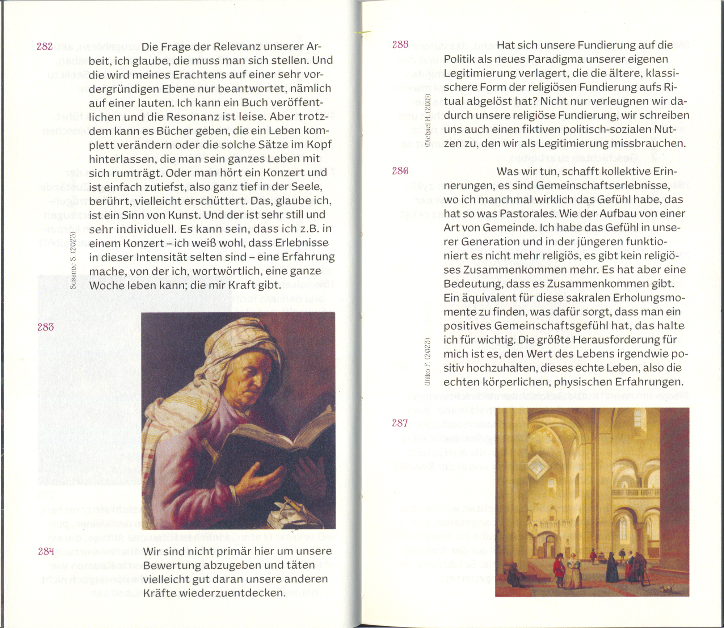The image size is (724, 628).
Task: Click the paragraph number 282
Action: coord(45,47)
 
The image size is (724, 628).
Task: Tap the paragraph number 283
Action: coord(46,327)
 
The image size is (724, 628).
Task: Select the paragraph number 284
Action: coord(46,551)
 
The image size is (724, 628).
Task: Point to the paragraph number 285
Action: coord(400,45)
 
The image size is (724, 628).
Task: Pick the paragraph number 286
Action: coord(400,171)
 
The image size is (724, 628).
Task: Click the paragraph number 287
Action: coord(400,423)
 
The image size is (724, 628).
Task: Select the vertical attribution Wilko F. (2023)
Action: coord(428,362)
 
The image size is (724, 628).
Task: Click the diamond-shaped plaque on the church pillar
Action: coord(539,469)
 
